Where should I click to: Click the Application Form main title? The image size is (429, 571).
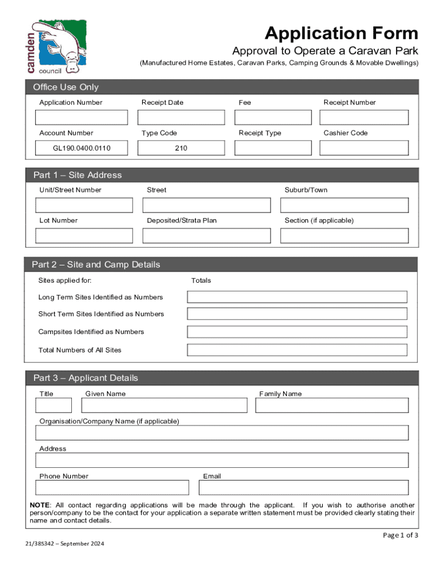(x=341, y=33)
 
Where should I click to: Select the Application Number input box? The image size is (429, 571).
(x=81, y=118)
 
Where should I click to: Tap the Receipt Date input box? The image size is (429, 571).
(x=181, y=118)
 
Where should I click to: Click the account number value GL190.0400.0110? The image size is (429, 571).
(x=81, y=148)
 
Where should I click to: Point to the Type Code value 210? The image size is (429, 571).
(x=181, y=148)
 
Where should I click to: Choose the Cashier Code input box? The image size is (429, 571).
(x=364, y=148)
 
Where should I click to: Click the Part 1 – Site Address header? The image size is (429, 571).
(x=77, y=175)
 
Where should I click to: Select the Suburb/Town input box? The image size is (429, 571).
(x=344, y=205)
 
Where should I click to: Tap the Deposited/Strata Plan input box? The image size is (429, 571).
(x=207, y=236)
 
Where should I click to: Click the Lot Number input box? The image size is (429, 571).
(x=84, y=236)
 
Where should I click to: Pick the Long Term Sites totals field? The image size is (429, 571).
(x=297, y=297)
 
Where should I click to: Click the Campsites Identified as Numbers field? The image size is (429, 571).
(x=297, y=332)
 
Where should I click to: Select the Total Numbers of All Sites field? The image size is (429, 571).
(x=297, y=350)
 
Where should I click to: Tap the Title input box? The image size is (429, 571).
(x=54, y=405)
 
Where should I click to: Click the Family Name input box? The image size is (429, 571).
(x=331, y=405)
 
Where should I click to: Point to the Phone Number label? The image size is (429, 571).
(x=64, y=476)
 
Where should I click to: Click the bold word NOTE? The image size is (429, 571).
(x=40, y=505)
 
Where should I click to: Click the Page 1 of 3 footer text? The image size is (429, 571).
(x=400, y=535)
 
